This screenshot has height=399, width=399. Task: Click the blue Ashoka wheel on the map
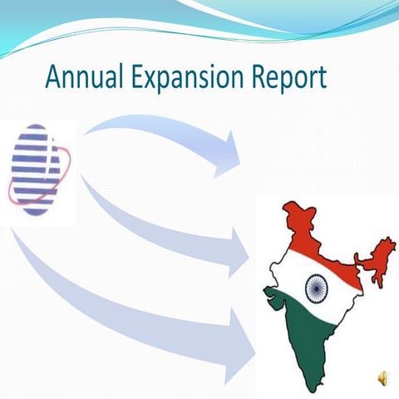click(x=316, y=288)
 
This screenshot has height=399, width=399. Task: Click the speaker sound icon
click(x=382, y=378)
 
